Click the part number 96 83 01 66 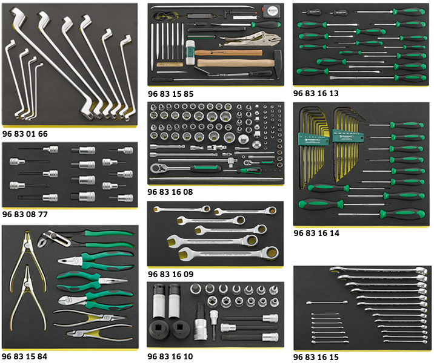25,134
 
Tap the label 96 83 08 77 25,214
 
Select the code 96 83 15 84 25,356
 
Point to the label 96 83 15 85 170,94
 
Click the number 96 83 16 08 170,192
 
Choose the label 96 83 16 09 170,274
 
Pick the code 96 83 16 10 170,356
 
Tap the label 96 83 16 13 316,93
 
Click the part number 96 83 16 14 316,233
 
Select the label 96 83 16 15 316,357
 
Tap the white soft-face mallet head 190,53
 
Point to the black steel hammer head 278,64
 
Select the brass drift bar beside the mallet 170,64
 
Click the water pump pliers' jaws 47,240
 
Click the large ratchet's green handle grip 205,168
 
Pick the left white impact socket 159,301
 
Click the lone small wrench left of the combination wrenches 327,302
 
